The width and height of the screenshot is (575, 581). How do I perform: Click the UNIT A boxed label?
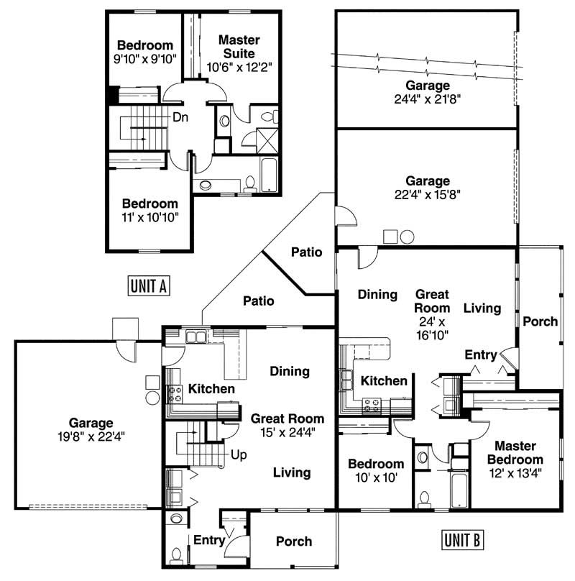pos(148,285)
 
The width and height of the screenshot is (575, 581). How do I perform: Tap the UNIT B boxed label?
pos(461,539)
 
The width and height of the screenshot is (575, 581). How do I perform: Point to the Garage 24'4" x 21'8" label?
pos(427,92)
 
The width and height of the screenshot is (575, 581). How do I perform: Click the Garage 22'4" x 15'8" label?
pos(427,187)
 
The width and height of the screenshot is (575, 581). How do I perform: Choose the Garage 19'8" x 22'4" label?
pos(91,429)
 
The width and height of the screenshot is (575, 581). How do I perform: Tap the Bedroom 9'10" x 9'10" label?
pos(145,52)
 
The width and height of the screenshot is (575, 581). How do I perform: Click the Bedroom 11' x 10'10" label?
pos(149,209)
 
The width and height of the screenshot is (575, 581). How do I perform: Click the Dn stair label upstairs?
pos(180,118)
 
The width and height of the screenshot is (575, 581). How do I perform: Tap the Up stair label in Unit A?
pos(239,455)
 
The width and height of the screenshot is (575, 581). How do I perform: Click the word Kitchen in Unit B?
pos(384,380)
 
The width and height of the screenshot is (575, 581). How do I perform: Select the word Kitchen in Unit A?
pos(211,389)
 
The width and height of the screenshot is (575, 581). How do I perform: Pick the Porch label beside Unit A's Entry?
pos(294,541)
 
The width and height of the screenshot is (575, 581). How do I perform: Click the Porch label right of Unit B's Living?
pos(540,321)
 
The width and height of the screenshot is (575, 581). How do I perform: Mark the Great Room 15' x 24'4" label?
pos(287,425)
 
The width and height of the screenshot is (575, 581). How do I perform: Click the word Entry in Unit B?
pos(481,354)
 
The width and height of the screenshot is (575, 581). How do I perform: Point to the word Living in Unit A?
pos(292,472)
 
